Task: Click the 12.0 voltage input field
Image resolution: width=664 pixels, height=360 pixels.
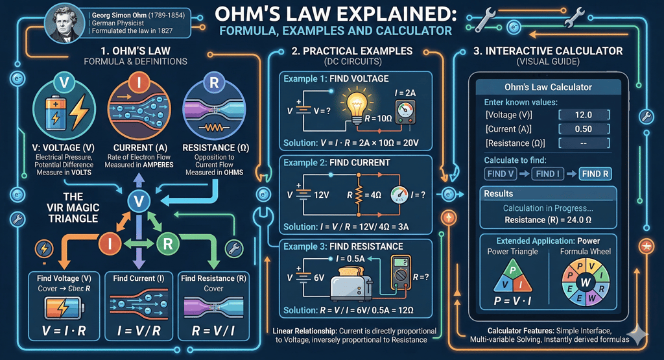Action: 583,114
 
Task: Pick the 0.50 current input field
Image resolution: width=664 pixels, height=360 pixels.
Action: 583,128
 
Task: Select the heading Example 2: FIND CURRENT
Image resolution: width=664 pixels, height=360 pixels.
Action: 336,162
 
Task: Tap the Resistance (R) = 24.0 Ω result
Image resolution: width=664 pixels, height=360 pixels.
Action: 549,219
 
